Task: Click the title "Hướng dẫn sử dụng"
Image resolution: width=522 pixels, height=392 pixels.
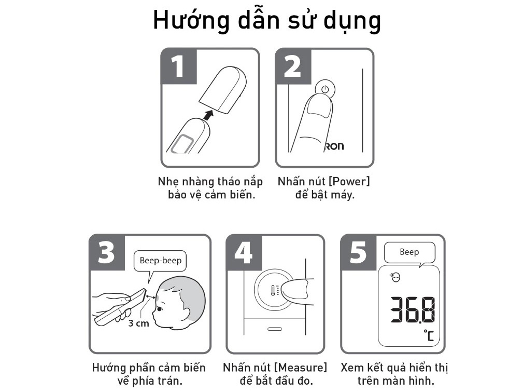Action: tap(266, 21)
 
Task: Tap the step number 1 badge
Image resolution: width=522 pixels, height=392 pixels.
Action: tap(178, 66)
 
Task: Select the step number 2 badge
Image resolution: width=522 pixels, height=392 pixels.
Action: tap(292, 66)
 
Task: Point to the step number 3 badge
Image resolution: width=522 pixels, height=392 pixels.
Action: tap(106, 252)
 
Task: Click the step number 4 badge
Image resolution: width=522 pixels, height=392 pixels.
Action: tap(244, 252)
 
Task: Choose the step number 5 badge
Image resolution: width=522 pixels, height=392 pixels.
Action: tap(358, 252)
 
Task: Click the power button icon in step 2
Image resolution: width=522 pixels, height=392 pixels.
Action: tap(325, 89)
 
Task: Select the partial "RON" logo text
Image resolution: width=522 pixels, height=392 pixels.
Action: tap(333, 146)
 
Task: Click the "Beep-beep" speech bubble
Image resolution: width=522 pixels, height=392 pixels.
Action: tap(160, 261)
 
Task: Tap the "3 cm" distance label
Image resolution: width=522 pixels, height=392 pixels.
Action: tap(138, 323)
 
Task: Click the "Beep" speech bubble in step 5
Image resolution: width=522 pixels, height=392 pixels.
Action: tap(409, 252)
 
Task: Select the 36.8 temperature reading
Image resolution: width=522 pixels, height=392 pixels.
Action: tap(413, 310)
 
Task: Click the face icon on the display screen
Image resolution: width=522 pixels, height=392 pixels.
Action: tap(395, 279)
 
